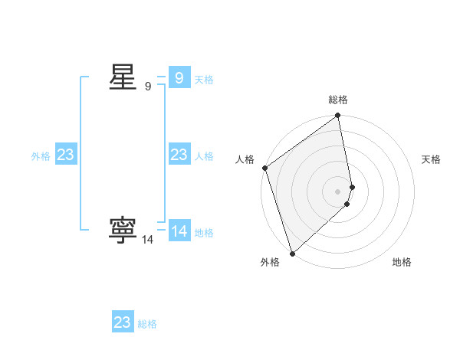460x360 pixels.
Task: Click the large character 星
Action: (123, 77)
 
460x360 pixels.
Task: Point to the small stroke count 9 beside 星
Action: (148, 87)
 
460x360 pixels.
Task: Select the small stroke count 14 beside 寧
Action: (147, 240)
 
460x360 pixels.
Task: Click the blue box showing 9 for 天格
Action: (179, 78)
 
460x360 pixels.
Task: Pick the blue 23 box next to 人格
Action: (179, 155)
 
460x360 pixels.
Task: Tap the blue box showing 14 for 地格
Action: (179, 231)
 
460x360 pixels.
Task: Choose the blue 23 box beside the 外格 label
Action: (66, 155)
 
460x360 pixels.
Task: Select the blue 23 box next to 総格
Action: (123, 322)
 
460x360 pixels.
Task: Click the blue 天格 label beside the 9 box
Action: (203, 79)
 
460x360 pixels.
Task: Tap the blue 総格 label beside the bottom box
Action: (147, 324)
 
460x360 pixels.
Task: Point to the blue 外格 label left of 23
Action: (41, 155)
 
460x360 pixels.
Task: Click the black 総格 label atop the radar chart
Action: (338, 100)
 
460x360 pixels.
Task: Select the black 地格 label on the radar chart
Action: (402, 262)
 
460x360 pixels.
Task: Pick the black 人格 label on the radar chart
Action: (245, 159)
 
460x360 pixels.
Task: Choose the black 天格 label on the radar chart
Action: (431, 159)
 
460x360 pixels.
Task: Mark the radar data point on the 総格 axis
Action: (338, 116)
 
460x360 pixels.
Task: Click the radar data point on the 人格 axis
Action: (264, 168)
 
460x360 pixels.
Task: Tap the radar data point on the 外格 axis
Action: (292, 253)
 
